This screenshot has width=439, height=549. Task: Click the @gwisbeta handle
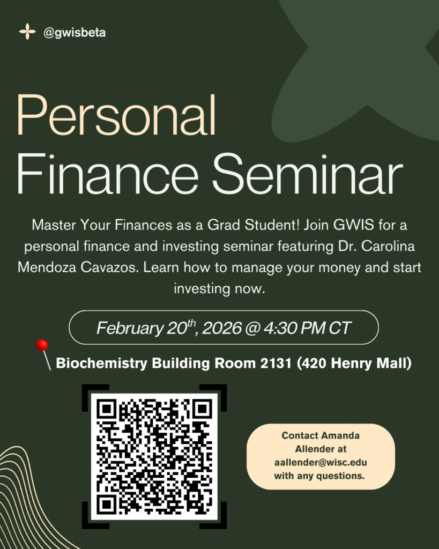74,33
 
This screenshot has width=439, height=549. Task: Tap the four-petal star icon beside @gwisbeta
27,32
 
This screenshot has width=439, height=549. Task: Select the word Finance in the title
108,174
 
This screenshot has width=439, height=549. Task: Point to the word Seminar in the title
308,174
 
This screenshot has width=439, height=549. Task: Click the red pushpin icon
43,354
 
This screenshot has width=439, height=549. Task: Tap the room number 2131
276,363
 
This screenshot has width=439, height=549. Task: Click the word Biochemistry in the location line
101,363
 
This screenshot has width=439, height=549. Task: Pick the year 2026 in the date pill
221,328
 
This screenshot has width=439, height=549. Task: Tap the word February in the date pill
130,329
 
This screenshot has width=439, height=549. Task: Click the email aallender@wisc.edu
321,463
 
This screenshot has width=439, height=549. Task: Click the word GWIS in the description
354,225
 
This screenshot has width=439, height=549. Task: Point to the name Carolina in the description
388,246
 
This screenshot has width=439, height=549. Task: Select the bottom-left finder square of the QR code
107,505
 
